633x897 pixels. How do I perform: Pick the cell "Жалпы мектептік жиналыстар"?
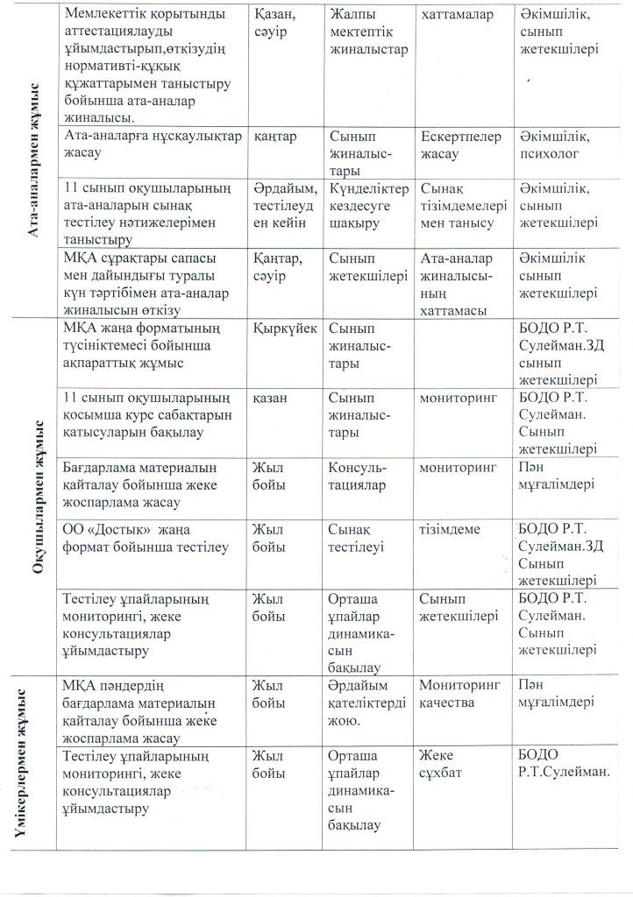pyautogui.click(x=366, y=32)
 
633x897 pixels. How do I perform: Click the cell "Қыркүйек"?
pyautogui.click(x=283, y=327)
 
